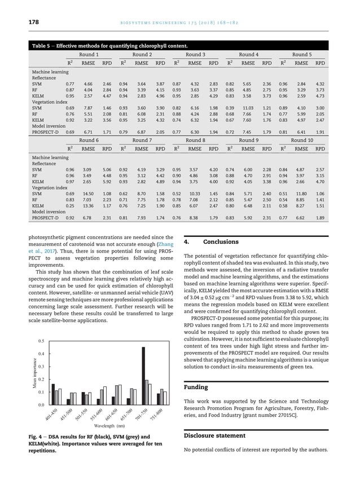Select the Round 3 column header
tap(195, 55)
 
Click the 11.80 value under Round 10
tap(301, 193)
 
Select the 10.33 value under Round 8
tap(195, 193)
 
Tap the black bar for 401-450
tap(53, 394)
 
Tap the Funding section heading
tap(197, 387)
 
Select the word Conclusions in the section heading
tap(221, 242)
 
